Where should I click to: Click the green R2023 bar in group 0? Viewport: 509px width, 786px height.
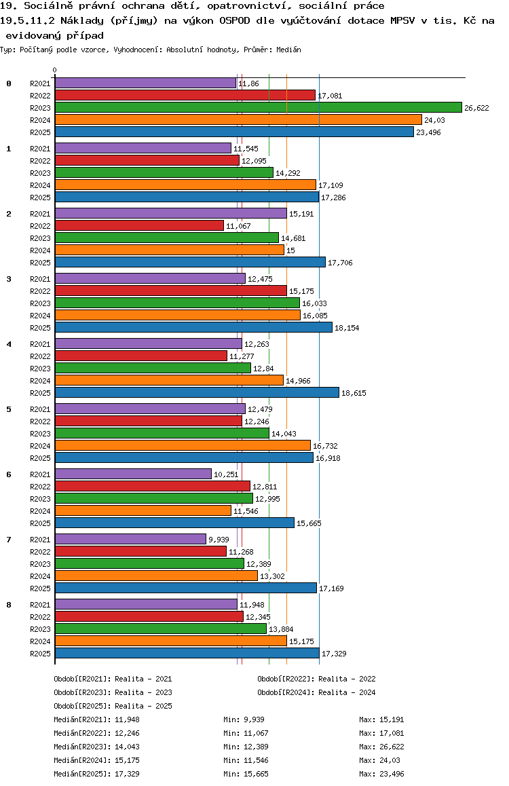pos(258,107)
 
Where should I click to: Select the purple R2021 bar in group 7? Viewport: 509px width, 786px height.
pos(130,539)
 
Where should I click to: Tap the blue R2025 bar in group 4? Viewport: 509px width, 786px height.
pos(197,392)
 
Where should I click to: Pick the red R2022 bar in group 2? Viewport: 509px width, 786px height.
pos(139,225)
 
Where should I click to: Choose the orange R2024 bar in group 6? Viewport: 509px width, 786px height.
pos(143,510)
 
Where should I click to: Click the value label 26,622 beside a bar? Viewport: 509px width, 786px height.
pos(476,108)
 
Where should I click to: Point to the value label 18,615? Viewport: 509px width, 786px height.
pos(354,393)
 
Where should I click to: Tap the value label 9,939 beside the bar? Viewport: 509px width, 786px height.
pos(219,540)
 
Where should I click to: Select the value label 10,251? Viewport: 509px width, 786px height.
pos(225,474)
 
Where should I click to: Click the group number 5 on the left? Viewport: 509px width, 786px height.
pos(9,409)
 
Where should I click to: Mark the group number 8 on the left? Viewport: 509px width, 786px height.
pos(9,605)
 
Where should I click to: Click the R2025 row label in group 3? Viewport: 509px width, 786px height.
pos(40,328)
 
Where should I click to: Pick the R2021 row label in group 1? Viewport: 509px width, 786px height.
pos(40,149)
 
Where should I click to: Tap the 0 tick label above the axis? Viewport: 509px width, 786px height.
pos(55,70)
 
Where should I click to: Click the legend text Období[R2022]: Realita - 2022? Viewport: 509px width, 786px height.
pos(316,679)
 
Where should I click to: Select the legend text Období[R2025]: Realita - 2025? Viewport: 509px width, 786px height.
pos(113,706)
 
